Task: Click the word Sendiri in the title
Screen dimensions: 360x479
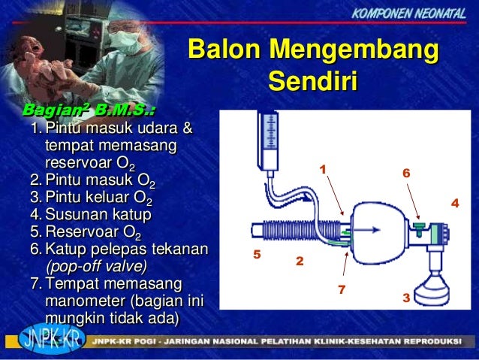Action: (312, 80)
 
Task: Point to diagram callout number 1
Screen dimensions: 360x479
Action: (323, 169)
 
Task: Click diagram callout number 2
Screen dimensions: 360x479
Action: (299, 262)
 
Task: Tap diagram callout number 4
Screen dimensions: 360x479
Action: (453, 204)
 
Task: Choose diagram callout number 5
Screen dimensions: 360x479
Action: (256, 254)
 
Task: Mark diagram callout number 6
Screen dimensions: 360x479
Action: (405, 173)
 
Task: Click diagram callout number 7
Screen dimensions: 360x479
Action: (341, 289)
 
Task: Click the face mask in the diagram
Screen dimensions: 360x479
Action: (434, 284)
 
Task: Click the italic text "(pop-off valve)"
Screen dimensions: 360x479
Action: (96, 266)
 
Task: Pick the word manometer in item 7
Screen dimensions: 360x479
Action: (84, 301)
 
